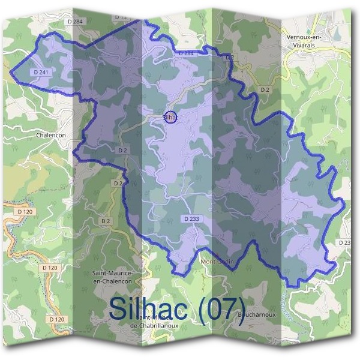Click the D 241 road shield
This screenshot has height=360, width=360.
[41, 72]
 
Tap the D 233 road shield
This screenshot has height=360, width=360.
[190, 219]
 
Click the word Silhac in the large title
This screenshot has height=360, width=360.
[154, 308]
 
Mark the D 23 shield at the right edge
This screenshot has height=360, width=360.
[345, 242]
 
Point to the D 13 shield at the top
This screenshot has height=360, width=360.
[120, 17]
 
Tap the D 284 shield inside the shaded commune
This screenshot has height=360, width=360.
[187, 53]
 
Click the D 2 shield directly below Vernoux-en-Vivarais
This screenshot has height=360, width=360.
[264, 89]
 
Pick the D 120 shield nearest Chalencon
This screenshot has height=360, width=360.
[25, 212]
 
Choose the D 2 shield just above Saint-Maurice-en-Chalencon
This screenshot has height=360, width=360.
[106, 221]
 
